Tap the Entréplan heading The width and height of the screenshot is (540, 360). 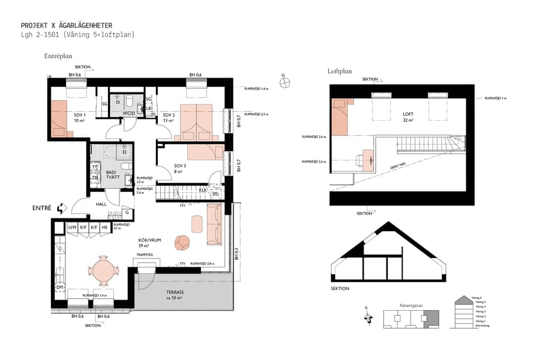coord(58,56)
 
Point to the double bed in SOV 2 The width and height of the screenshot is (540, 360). coord(196,122)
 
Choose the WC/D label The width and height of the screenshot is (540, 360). coord(129,113)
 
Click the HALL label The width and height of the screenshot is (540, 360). coord(101,204)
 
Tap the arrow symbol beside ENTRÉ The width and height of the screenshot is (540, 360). coord(61,208)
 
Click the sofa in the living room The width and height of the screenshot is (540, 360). coord(214,224)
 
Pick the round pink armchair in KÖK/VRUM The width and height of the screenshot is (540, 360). coord(182,242)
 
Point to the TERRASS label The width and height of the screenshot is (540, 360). coord(175,292)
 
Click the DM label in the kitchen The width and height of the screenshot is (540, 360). coord(60,287)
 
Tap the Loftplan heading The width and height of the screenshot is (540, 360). coord(340,71)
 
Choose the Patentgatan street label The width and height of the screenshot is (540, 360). coord(410,305)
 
